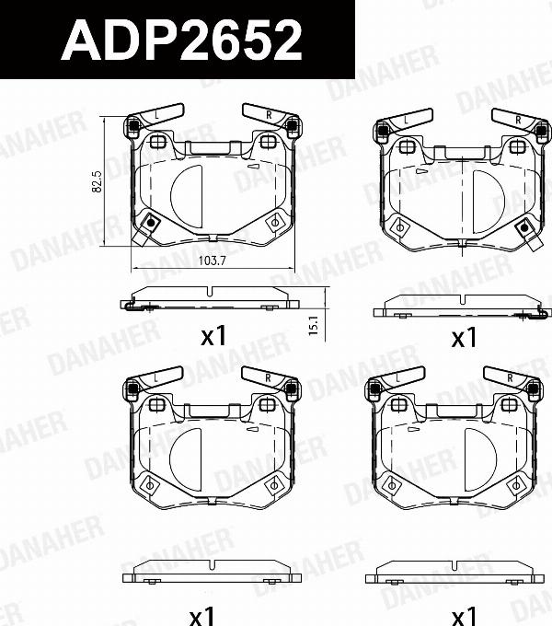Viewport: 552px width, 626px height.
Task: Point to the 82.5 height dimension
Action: click(97, 182)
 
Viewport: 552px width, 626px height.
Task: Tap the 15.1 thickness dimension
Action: click(313, 324)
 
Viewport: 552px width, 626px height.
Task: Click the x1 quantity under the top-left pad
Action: click(213, 338)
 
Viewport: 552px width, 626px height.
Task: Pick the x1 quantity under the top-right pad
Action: click(464, 338)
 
